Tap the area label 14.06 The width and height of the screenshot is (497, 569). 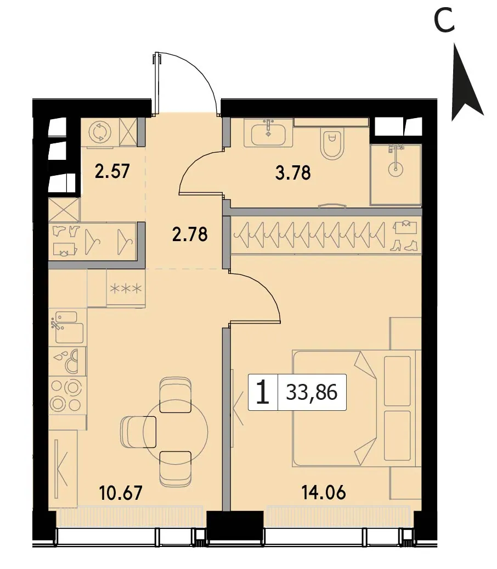tap(324, 493)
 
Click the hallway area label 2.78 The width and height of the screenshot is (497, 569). tap(190, 234)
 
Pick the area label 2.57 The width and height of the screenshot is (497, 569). tap(112, 171)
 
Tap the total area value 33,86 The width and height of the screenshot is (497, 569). tap(312, 392)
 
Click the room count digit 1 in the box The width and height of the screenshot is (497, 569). tap(262, 393)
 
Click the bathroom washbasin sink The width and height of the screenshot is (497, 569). tap(268, 132)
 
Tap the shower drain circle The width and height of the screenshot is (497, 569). tap(395, 168)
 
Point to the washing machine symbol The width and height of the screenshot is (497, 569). tap(99, 132)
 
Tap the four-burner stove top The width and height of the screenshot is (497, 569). tap(67, 394)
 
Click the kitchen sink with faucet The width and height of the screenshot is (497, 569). tap(67, 327)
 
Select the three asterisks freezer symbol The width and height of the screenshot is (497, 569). tap(126, 289)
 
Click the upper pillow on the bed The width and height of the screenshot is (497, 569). tap(397, 381)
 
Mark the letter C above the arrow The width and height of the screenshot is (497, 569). tap(444, 20)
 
